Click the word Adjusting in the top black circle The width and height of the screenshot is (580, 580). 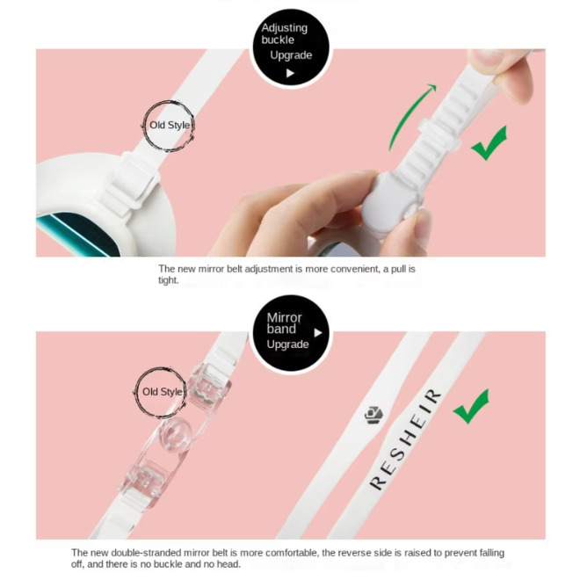[x=284, y=28]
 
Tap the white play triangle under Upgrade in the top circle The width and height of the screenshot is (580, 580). [x=290, y=73]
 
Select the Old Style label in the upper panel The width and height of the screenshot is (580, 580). [x=170, y=125]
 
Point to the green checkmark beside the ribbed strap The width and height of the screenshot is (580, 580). [x=489, y=142]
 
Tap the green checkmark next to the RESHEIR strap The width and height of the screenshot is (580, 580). [x=473, y=406]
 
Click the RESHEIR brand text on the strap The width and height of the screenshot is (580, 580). [x=406, y=439]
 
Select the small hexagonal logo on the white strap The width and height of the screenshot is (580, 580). [x=373, y=415]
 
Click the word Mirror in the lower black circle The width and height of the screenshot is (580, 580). [x=284, y=317]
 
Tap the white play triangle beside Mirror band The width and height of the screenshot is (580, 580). [x=318, y=333]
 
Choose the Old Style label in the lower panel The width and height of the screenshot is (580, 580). [x=163, y=392]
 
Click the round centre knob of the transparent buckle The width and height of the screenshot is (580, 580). [x=177, y=433]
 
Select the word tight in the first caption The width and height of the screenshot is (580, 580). [x=169, y=280]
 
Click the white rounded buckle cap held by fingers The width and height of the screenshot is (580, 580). [x=388, y=201]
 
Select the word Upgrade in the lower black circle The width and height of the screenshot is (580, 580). [x=287, y=344]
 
